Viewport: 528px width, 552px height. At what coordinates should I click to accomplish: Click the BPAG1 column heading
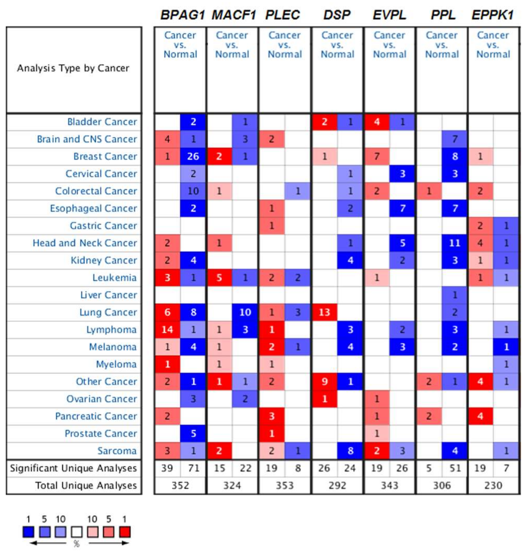[x=182, y=15]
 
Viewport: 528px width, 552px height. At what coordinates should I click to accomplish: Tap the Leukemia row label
[x=114, y=278]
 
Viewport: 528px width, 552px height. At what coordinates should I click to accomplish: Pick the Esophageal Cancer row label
[x=93, y=209]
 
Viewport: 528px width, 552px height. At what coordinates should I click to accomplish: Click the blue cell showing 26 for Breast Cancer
[x=193, y=156]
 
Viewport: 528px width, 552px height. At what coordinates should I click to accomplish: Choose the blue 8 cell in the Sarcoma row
[x=350, y=451]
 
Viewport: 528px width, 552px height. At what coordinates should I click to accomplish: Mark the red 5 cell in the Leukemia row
[x=219, y=278]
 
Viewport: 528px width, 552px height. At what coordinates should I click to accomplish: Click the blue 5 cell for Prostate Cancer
[x=193, y=433]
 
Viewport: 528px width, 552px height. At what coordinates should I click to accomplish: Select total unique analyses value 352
[x=180, y=485]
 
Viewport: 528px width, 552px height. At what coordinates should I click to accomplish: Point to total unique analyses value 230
[x=493, y=485]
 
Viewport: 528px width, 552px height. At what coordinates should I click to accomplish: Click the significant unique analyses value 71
[x=193, y=468]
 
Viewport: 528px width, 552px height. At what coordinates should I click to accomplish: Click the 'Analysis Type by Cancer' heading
[x=73, y=68]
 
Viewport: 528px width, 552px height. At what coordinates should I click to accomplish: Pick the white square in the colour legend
[x=77, y=532]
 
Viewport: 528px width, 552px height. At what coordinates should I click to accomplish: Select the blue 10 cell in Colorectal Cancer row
[x=193, y=191]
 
